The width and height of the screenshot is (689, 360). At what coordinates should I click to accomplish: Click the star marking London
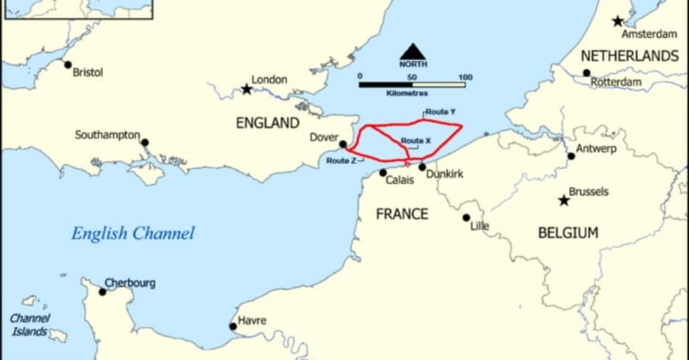click(x=247, y=89)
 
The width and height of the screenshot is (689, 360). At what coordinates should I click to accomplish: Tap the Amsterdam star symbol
click(x=618, y=21)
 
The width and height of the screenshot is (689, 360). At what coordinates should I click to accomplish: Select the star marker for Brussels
click(x=564, y=200)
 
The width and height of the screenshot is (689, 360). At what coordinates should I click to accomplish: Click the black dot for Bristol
click(x=68, y=65)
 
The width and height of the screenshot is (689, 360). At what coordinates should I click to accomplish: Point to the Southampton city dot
click(x=145, y=142)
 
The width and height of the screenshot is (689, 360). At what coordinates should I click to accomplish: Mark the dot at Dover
click(x=342, y=144)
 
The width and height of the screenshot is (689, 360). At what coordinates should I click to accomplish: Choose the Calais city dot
click(x=383, y=172)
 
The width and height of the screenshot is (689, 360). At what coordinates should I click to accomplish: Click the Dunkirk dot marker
click(x=423, y=167)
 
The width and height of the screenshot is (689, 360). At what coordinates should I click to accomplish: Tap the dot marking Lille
click(x=466, y=217)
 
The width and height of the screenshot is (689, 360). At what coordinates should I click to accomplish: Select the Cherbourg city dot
click(x=103, y=291)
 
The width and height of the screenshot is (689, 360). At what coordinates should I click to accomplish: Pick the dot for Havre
click(x=233, y=326)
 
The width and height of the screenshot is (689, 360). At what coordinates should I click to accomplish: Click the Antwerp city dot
click(x=572, y=155)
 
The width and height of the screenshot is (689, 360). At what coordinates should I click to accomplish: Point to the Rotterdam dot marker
click(x=586, y=72)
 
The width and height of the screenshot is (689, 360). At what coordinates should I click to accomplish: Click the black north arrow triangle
click(x=413, y=51)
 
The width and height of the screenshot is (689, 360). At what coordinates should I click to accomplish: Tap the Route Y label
click(x=440, y=112)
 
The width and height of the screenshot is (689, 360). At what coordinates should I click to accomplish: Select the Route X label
click(x=416, y=141)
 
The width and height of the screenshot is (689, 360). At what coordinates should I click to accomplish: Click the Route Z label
click(x=341, y=161)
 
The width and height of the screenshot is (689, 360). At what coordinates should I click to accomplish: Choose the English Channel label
click(x=132, y=233)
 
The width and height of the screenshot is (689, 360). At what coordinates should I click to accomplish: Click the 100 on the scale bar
click(x=465, y=77)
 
